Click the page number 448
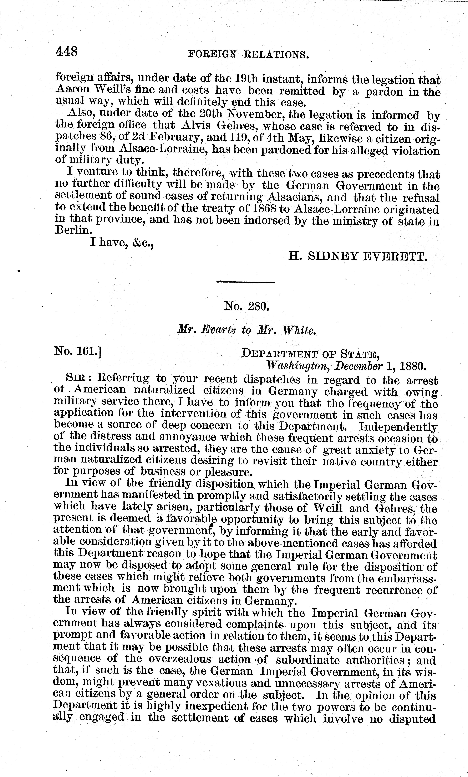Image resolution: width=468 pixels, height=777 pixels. point(66,51)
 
